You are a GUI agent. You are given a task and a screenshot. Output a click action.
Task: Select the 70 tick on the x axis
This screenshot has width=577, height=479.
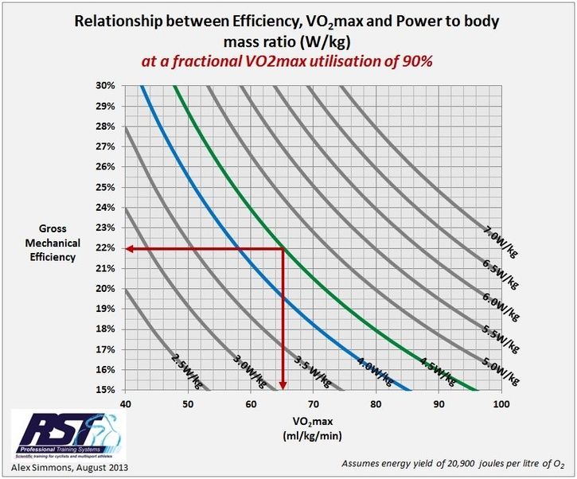(313, 404)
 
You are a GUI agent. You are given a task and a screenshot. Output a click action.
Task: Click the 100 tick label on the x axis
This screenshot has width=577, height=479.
(501, 404)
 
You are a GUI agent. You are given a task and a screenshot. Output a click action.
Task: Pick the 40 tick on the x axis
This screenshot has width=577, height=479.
(126, 404)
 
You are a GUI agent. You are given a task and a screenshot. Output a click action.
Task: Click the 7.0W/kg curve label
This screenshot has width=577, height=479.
(500, 240)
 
